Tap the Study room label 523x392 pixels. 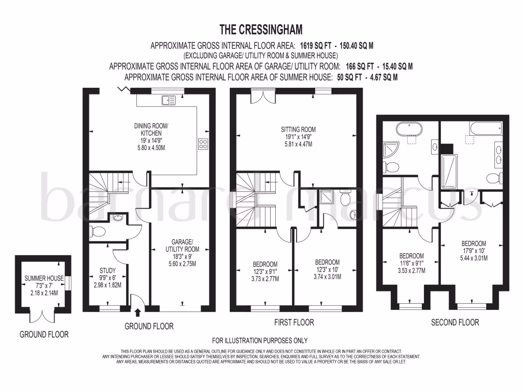click(x=107, y=271)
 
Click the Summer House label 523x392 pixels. click(x=44, y=278)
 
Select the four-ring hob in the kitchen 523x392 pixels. click(x=203, y=144)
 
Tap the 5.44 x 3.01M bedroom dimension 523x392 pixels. click(x=474, y=259)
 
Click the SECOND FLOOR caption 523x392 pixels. click(x=455, y=323)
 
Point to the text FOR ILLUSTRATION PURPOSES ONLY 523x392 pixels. click(x=260, y=340)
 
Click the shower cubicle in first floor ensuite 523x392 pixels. click(x=325, y=198)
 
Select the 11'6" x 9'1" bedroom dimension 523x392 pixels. click(x=411, y=263)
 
